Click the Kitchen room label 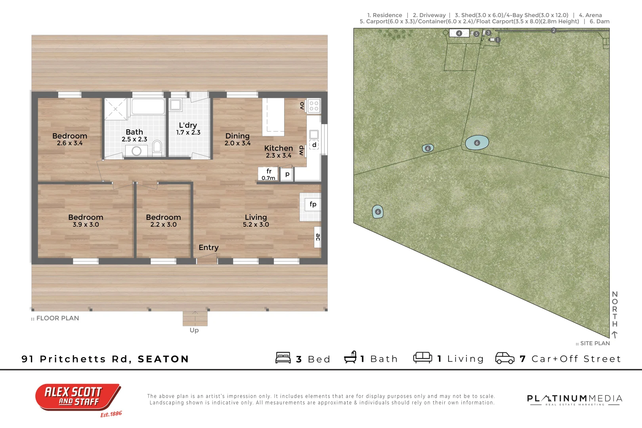[x=279, y=148]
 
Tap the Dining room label [x=237, y=136]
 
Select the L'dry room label [x=188, y=125]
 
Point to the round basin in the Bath [x=137, y=151]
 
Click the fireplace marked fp [x=313, y=204]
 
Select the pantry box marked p [x=287, y=174]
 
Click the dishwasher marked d [x=314, y=145]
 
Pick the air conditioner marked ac [x=317, y=237]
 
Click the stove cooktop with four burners [x=314, y=106]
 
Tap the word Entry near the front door [x=208, y=247]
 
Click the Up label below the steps [x=194, y=330]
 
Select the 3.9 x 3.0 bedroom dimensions [x=86, y=225]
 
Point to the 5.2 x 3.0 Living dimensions [x=256, y=225]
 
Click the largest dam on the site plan [x=477, y=143]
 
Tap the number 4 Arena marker [x=459, y=33]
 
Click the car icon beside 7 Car [x=505, y=358]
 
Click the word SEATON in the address [x=163, y=359]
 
